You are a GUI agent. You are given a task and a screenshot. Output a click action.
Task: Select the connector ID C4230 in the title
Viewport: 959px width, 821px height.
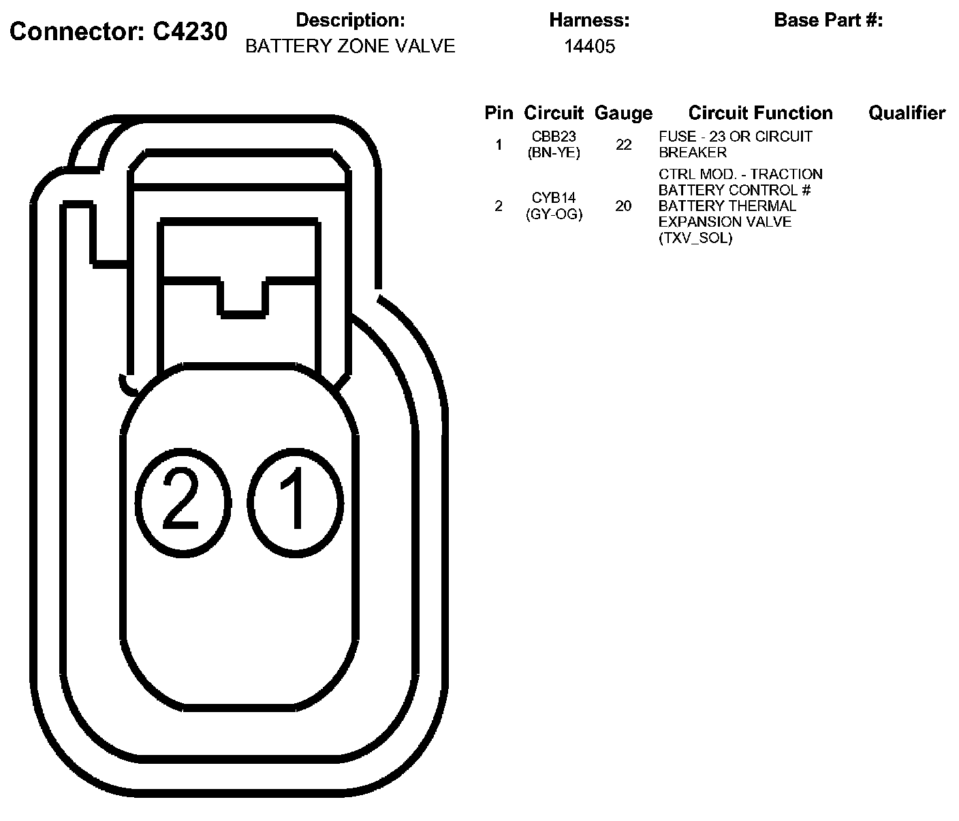(x=189, y=31)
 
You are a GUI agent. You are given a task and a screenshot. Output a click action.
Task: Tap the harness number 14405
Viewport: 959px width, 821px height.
(x=589, y=46)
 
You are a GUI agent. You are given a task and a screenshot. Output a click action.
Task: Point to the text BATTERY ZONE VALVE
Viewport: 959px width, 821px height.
(x=350, y=46)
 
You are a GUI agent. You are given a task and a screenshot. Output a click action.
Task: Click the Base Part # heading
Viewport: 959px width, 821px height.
(x=828, y=20)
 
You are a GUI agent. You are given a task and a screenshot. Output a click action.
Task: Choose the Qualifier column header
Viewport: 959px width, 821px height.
(x=907, y=113)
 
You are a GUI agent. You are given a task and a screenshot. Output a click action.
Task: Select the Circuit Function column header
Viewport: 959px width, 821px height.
(x=760, y=113)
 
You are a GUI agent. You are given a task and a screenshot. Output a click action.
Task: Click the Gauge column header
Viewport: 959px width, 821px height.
(x=623, y=113)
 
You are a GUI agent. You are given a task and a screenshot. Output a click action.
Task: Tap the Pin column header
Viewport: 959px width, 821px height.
(x=499, y=113)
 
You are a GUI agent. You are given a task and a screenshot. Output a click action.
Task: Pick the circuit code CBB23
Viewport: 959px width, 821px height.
(x=554, y=137)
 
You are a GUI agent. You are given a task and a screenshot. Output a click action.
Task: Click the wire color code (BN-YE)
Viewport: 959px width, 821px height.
(x=554, y=152)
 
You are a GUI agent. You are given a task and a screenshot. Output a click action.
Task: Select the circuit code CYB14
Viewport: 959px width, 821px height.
(x=554, y=198)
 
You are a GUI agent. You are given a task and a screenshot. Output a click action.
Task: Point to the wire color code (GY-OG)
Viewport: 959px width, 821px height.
(x=554, y=214)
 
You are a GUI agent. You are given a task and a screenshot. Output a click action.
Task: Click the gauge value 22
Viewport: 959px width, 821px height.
(x=623, y=145)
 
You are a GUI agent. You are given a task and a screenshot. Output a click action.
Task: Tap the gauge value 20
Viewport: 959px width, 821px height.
(x=623, y=206)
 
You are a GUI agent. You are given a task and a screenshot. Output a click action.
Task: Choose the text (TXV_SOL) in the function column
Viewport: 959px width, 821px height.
(x=695, y=238)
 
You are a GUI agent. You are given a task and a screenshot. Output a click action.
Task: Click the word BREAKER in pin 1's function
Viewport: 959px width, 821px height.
(x=693, y=152)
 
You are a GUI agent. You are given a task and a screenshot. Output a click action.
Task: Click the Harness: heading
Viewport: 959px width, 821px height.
(x=589, y=20)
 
